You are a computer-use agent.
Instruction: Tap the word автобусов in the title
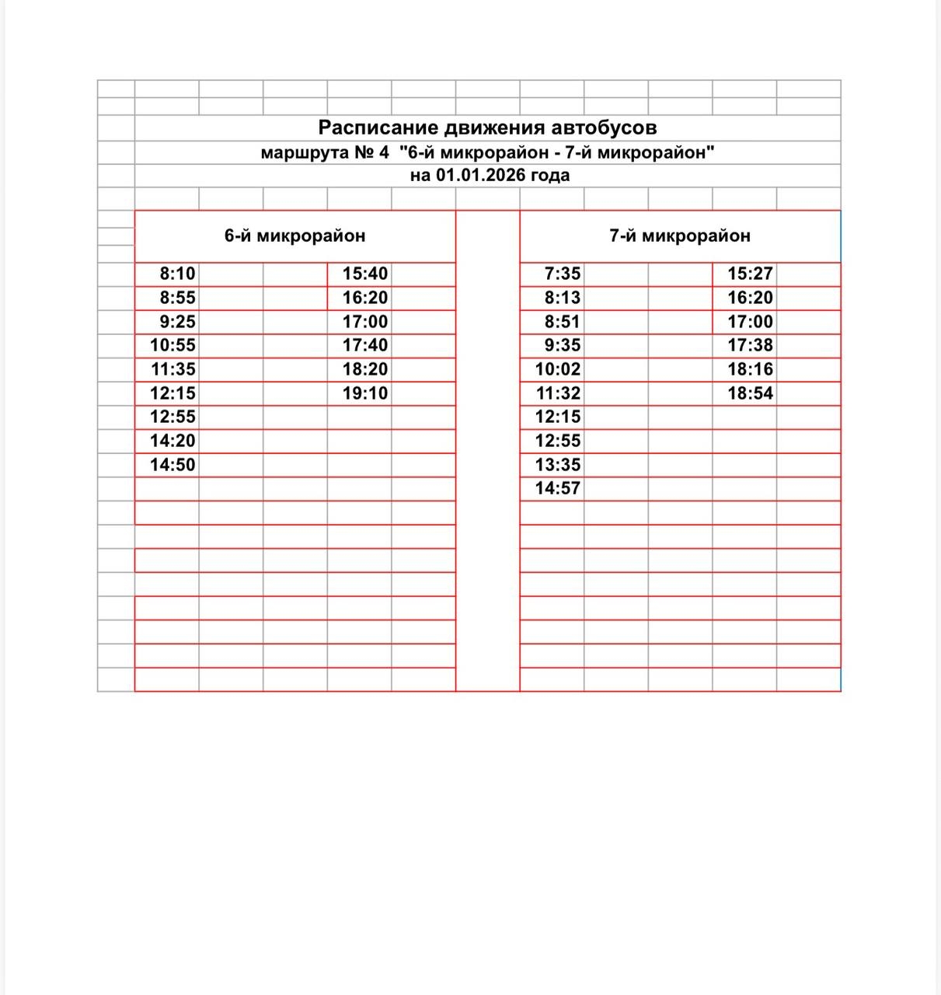point(605,128)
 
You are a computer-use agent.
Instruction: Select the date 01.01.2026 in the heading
point(480,176)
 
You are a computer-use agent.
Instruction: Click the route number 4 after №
point(383,152)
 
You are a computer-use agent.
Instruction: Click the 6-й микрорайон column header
point(294,236)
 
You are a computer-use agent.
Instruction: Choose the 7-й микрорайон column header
point(680,236)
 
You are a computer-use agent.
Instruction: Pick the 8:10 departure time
point(178,274)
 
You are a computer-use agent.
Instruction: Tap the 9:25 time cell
point(178,322)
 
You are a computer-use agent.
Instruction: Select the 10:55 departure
point(173,345)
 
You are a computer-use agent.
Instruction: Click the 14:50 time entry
point(173,465)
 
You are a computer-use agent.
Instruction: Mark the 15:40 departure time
point(365,274)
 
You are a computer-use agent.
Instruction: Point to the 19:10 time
point(365,393)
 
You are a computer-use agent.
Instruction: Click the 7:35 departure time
point(563,274)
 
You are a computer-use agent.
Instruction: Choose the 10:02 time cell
point(558,369)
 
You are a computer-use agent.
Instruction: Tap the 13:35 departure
point(558,465)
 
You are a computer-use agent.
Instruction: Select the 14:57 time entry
point(558,488)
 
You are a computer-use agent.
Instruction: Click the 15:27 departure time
point(751,274)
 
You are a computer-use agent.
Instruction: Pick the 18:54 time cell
point(751,393)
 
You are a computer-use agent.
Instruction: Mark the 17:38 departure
point(751,345)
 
